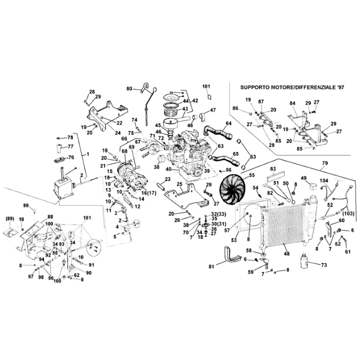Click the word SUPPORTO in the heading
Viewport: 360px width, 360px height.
point(257,86)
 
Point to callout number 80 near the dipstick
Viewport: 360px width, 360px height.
point(129,88)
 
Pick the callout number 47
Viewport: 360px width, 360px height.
point(212,110)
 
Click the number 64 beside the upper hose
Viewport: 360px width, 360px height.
point(228,123)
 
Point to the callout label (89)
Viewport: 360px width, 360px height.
point(9,218)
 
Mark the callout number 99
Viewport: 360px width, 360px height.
point(26,205)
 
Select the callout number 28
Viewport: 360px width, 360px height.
point(91,91)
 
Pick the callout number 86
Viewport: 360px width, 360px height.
point(235,108)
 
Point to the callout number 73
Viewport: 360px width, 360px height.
point(323,264)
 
